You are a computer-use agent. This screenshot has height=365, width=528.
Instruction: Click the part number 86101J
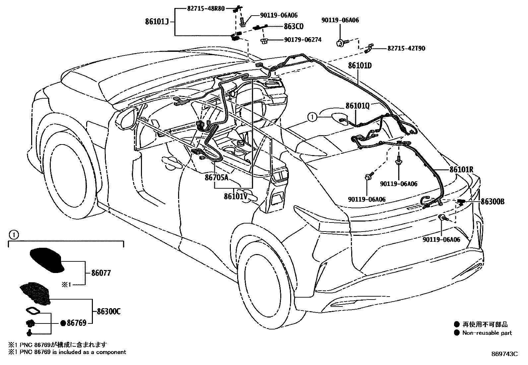point(157,22)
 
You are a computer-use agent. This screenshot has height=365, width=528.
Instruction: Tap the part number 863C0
point(294,27)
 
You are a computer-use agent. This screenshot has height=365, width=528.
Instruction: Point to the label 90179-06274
point(302,40)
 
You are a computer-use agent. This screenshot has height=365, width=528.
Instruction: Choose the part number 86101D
point(360,66)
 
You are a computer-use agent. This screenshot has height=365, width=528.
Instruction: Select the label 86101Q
point(357,106)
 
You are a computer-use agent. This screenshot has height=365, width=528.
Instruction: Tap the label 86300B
point(493,202)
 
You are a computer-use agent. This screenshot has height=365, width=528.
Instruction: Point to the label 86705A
point(216,178)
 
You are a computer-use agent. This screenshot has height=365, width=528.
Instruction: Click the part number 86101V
point(236,196)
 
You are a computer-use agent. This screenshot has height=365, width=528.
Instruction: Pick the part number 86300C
point(108,312)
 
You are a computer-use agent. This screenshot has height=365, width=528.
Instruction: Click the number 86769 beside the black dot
point(77,323)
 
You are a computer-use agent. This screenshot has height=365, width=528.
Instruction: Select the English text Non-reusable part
point(487,333)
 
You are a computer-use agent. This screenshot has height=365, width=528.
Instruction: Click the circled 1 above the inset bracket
point(12,235)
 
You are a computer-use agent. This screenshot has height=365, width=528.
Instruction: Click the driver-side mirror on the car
point(127,118)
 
